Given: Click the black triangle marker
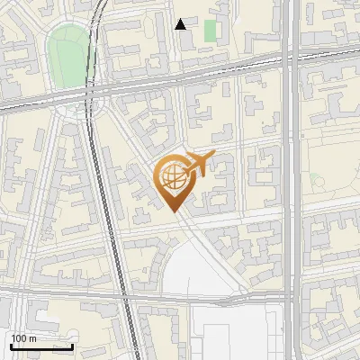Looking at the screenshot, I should (181, 24).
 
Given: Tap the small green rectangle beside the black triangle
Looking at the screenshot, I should (211, 31).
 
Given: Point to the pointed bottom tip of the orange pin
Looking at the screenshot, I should (173, 210).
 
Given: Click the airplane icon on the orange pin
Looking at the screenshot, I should (200, 163).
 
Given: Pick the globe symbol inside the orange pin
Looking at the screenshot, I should (172, 177).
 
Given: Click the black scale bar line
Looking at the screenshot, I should (41, 346).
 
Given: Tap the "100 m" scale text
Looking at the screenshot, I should (23, 338).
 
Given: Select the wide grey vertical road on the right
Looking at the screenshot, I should (292, 180).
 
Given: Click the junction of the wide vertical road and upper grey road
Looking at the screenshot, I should (292, 61).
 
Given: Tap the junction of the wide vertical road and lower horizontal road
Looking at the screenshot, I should (292, 295).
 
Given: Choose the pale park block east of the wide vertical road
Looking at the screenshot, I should (328, 171).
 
